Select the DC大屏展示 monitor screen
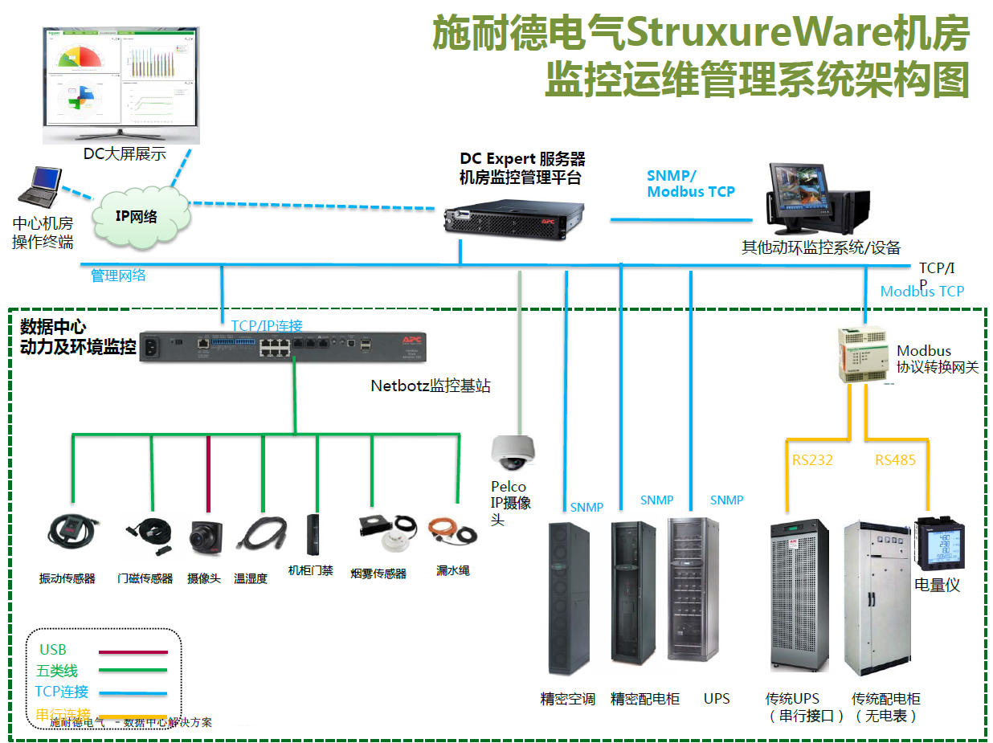click(121, 78)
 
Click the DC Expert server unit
click(513, 216)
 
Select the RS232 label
click(812, 460)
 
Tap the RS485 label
click(895, 460)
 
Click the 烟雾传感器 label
click(379, 574)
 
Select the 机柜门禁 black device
click(314, 535)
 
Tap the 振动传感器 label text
click(67, 578)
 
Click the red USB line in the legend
click(133, 652)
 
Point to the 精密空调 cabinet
click(567, 598)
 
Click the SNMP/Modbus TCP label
click(690, 184)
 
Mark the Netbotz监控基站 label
click(431, 386)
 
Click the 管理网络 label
click(118, 276)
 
